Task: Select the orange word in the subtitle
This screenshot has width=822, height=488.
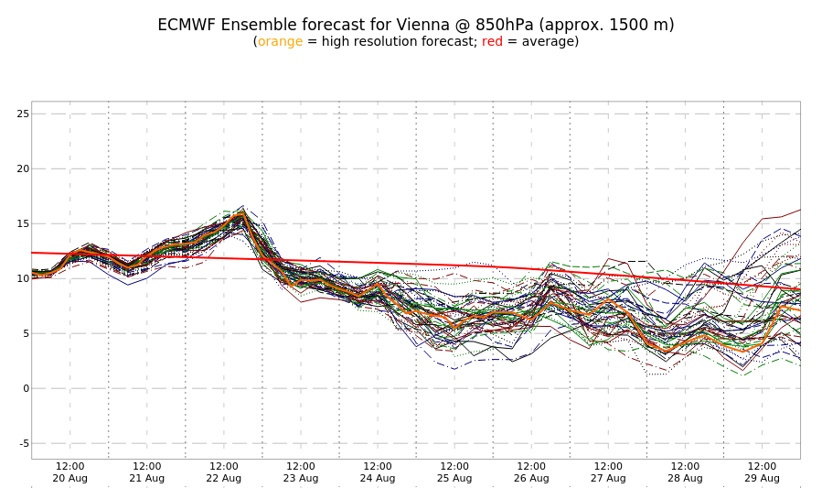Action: point(280,42)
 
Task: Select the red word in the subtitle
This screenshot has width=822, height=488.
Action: point(492,42)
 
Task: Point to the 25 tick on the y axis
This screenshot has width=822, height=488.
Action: point(23,114)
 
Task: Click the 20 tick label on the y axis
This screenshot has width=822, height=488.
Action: point(23,168)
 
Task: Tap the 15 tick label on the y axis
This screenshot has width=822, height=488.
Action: point(23,223)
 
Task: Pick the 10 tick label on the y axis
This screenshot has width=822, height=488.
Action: point(23,278)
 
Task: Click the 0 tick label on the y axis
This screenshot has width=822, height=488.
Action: point(26,388)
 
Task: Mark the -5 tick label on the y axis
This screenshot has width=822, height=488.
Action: point(23,443)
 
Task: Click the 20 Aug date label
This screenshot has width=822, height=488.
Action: point(70,478)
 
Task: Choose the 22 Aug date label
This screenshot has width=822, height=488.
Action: point(224,478)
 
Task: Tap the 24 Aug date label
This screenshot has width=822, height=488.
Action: point(378,478)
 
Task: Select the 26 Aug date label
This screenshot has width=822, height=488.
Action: point(531,478)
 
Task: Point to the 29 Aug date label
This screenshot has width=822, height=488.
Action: point(762,478)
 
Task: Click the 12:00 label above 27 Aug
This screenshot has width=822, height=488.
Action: point(608,466)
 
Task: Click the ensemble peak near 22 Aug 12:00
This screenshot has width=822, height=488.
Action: point(241,209)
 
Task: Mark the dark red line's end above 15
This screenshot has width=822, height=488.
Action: point(798,210)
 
